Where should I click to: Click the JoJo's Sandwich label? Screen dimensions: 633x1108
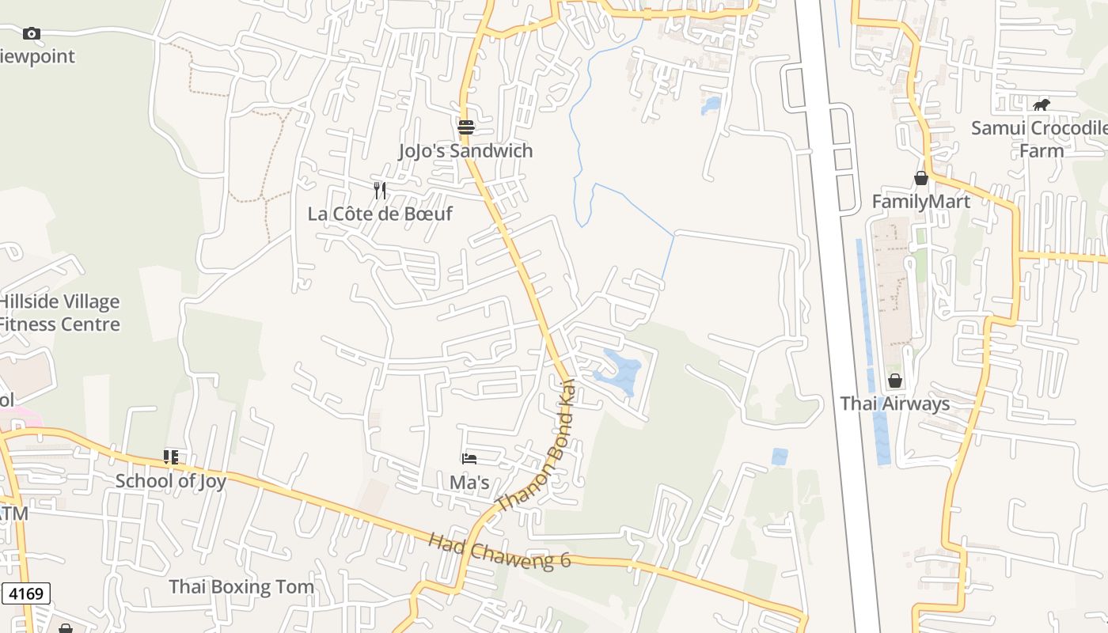[x=465, y=150]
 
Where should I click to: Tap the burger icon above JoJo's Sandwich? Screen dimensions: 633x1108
[x=465, y=127]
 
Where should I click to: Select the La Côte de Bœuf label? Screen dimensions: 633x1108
[x=380, y=214]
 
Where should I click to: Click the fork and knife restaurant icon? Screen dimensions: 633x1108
[x=380, y=190]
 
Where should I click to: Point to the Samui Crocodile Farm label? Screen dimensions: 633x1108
[x=1038, y=138]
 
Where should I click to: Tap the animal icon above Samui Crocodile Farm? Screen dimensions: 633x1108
[x=1042, y=104]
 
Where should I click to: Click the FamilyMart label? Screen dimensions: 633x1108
[x=920, y=201]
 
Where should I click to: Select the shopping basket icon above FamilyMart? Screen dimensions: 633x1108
[x=920, y=178]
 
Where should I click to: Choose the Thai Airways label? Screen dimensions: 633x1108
[x=894, y=404]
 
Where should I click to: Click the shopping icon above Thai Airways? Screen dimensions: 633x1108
[x=895, y=381]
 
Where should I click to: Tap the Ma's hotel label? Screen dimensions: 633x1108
[x=469, y=482]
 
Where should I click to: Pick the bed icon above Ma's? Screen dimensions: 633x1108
[x=469, y=459]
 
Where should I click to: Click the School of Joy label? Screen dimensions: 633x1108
[x=171, y=480]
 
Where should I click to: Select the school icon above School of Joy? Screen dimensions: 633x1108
[x=171, y=457]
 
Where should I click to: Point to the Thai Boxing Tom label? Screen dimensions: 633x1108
[x=241, y=586]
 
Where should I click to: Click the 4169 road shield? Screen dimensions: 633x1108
[x=26, y=593]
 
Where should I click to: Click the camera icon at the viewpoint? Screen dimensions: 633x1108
[x=32, y=33]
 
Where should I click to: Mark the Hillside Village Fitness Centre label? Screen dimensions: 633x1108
[x=59, y=313]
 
